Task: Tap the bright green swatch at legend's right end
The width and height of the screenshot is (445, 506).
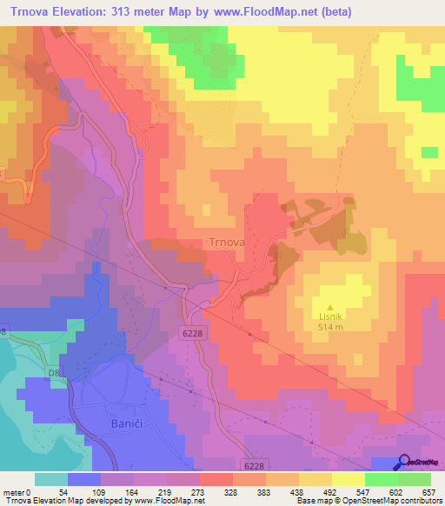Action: (415, 479)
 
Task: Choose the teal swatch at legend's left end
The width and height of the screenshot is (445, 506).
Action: (51, 479)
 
